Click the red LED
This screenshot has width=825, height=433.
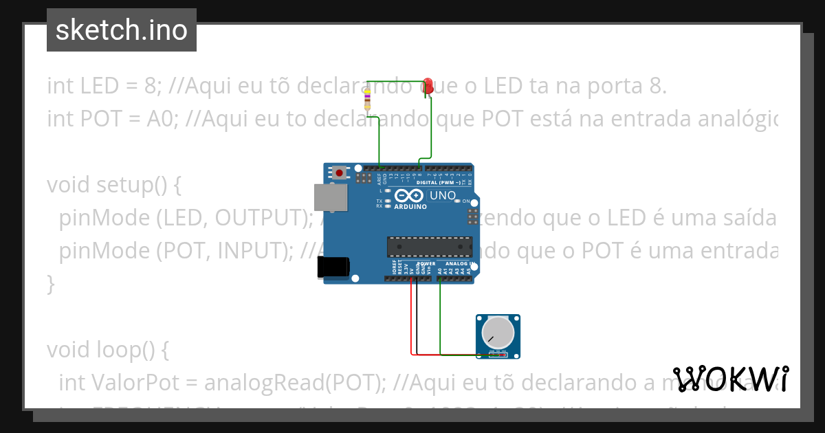click(x=428, y=86)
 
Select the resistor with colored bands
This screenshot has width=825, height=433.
click(x=367, y=100)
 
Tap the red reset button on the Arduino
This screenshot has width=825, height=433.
click(x=340, y=172)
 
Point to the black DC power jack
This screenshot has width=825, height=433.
click(x=333, y=267)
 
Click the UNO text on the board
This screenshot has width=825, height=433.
click(x=443, y=196)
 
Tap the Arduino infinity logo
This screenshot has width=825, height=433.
click(x=406, y=195)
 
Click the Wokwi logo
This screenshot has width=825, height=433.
click(x=731, y=379)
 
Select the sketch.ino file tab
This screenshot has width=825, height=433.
click(x=122, y=30)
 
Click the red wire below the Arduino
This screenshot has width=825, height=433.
click(x=412, y=323)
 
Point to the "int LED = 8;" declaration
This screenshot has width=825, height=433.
click(x=103, y=86)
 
